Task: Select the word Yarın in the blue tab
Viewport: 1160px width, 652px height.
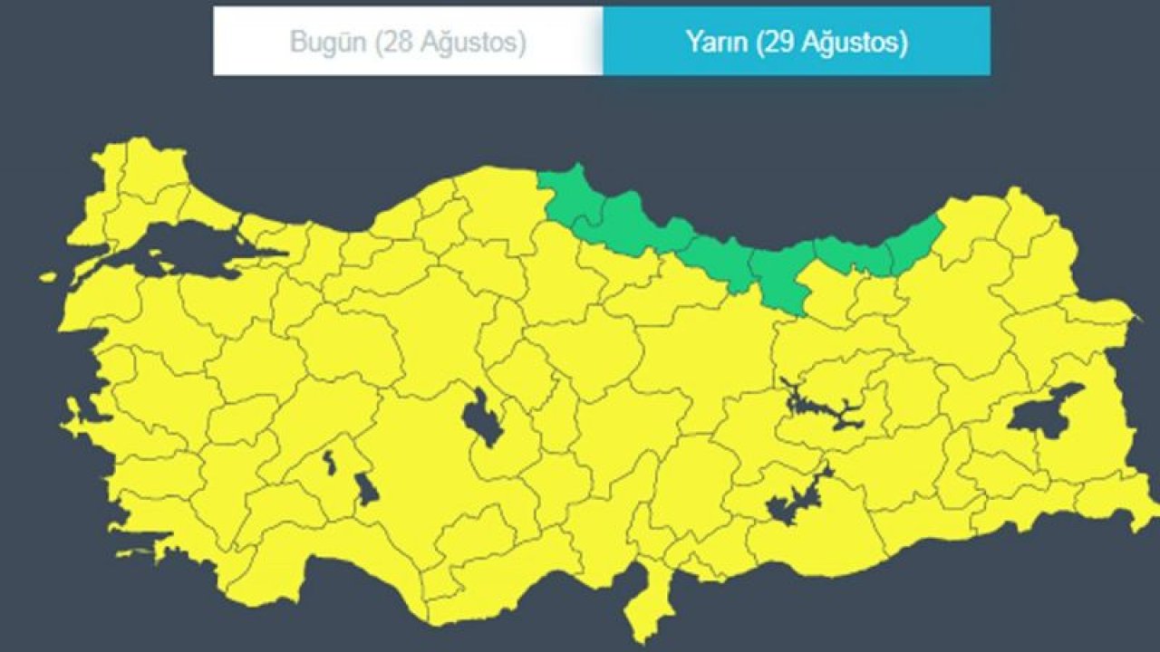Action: click(716, 42)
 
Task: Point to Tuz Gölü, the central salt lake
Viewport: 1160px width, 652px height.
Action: click(481, 417)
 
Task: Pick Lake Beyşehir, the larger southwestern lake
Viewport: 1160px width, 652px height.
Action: click(366, 489)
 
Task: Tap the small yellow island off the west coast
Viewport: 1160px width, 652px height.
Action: click(47, 278)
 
